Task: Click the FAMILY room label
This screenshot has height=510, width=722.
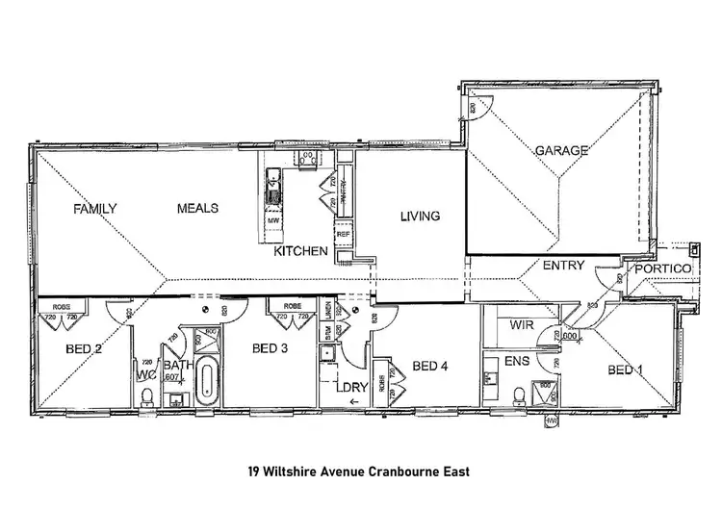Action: click(x=96, y=209)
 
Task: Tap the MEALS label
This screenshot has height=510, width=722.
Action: click(x=197, y=208)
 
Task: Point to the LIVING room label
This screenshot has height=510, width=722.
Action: click(x=420, y=216)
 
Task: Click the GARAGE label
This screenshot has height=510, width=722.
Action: click(x=561, y=151)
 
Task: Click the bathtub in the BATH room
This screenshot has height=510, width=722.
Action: click(x=205, y=382)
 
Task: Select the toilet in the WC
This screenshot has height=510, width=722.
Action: click(x=146, y=397)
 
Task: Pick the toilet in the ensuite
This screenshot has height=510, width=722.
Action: click(x=519, y=395)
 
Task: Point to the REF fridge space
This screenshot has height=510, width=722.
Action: click(x=342, y=234)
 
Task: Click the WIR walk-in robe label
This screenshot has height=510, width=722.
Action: click(x=523, y=326)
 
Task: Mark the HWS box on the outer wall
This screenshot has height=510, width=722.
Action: click(x=552, y=421)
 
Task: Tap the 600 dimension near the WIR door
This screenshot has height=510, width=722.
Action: click(x=570, y=336)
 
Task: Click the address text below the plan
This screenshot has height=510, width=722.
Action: click(x=361, y=473)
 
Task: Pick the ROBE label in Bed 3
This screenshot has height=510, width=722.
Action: click(x=294, y=306)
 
